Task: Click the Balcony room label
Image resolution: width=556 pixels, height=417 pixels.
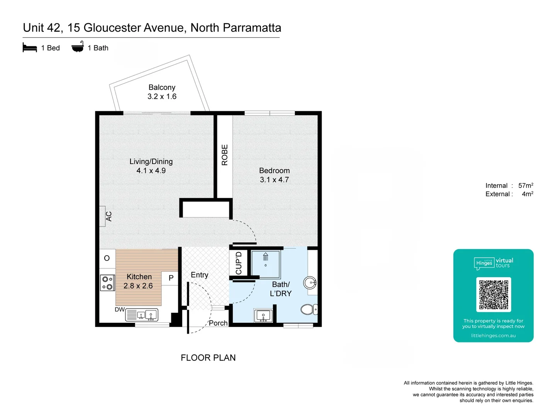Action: click(x=162, y=87)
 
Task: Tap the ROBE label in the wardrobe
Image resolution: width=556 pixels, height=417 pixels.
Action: click(x=225, y=155)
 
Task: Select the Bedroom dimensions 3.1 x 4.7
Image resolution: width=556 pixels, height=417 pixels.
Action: click(x=274, y=180)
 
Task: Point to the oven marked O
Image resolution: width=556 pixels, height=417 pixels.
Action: click(x=107, y=258)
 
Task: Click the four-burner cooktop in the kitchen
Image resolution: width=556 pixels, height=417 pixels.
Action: click(x=107, y=283)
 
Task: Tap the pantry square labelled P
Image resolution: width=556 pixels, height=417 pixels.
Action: click(x=171, y=278)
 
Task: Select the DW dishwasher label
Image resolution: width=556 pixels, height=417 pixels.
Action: click(x=120, y=309)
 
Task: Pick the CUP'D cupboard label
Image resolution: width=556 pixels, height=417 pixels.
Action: click(x=239, y=263)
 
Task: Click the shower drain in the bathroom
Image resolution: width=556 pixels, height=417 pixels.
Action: click(x=266, y=265)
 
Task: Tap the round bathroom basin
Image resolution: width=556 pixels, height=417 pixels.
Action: click(x=310, y=283)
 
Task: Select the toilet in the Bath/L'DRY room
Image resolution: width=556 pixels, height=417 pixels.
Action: click(x=309, y=309)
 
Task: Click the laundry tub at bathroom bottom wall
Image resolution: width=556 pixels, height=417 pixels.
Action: click(x=263, y=315)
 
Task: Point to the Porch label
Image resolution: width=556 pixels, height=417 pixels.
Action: click(x=218, y=323)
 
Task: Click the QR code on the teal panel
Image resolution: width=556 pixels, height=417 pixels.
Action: click(x=493, y=295)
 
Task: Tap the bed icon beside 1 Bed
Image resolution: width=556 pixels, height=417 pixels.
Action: click(x=30, y=47)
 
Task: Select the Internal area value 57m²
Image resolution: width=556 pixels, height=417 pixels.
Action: click(x=525, y=186)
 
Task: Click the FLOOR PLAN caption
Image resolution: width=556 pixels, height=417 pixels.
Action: click(x=208, y=358)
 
